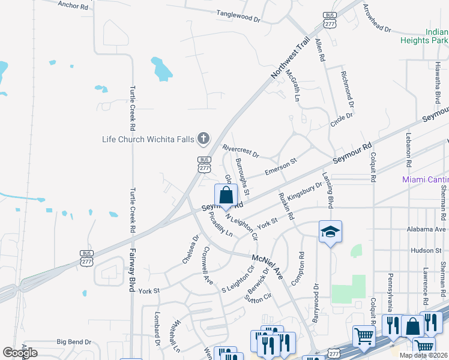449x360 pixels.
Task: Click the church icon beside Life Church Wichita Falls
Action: [x=203, y=139]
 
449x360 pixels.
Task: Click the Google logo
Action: [x=20, y=353]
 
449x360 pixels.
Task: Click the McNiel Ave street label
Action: [x=267, y=266]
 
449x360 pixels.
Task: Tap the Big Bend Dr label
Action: [x=74, y=342]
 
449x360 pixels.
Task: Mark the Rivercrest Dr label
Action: [x=240, y=151]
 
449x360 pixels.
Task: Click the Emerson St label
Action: [x=281, y=166]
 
